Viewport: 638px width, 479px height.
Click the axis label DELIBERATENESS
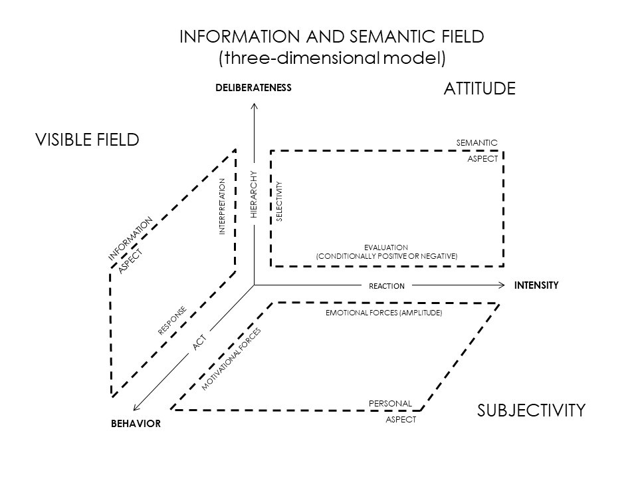[253, 87]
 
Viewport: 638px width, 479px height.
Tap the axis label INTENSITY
[536, 285]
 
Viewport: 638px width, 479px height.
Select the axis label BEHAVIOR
[136, 424]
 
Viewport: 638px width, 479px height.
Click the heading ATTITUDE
[479, 88]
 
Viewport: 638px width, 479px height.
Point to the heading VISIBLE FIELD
[87, 140]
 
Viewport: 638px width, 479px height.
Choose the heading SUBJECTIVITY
[531, 410]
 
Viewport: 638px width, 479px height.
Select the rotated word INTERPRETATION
[223, 206]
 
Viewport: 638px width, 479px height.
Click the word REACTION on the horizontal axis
[387, 286]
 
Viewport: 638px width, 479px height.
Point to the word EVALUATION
[386, 247]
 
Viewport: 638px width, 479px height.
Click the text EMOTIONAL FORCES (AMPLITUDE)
[383, 312]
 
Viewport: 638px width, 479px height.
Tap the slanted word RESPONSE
[171, 320]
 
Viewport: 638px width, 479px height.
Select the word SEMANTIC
[477, 142]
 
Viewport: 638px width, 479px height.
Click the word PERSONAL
[391, 403]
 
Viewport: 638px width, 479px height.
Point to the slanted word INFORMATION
[131, 238]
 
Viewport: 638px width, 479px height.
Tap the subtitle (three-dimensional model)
[332, 58]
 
